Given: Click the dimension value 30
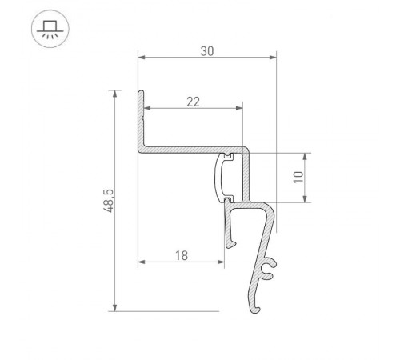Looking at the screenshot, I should click(x=206, y=50).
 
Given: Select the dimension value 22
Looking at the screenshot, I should click(x=192, y=101).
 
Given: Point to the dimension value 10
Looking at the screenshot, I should click(x=298, y=178).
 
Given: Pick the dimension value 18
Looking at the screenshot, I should click(x=181, y=255).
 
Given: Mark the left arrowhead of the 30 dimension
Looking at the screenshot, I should click(x=142, y=58).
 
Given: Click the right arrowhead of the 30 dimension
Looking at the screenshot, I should click(x=272, y=58).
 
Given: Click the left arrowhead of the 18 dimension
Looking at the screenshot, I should click(x=142, y=263).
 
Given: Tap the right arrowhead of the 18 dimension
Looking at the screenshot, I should click(x=218, y=263).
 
